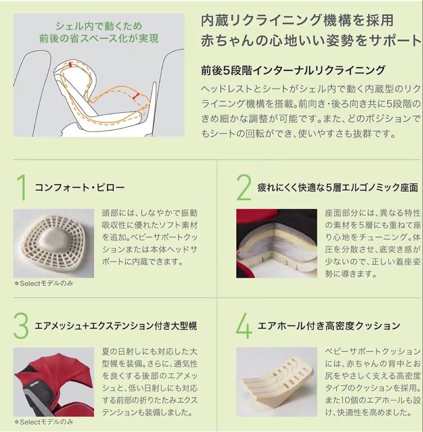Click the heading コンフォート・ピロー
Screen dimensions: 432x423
(x=80, y=188)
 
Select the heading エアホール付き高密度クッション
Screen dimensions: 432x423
(x=328, y=326)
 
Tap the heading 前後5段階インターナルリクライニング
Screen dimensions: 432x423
(x=293, y=70)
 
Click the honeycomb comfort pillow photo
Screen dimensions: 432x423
(x=54, y=243)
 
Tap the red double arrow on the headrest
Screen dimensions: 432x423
(x=70, y=64)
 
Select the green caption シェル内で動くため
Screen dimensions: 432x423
(x=99, y=27)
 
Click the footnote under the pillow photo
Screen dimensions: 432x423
(x=44, y=284)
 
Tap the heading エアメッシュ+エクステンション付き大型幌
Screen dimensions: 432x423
(x=116, y=326)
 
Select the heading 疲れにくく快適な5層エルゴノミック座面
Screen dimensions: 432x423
(x=338, y=188)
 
